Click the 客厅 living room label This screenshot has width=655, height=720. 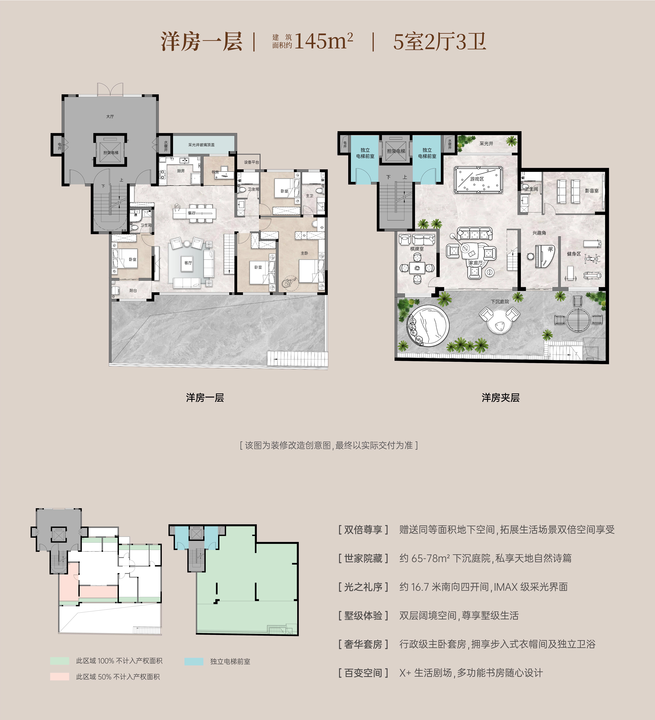tap(188, 263)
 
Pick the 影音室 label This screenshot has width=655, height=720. tap(592, 191)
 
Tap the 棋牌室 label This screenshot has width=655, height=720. tap(417, 249)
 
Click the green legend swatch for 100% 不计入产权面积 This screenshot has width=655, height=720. tap(60, 661)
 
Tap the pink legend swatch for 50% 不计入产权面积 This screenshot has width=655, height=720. tap(60, 676)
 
